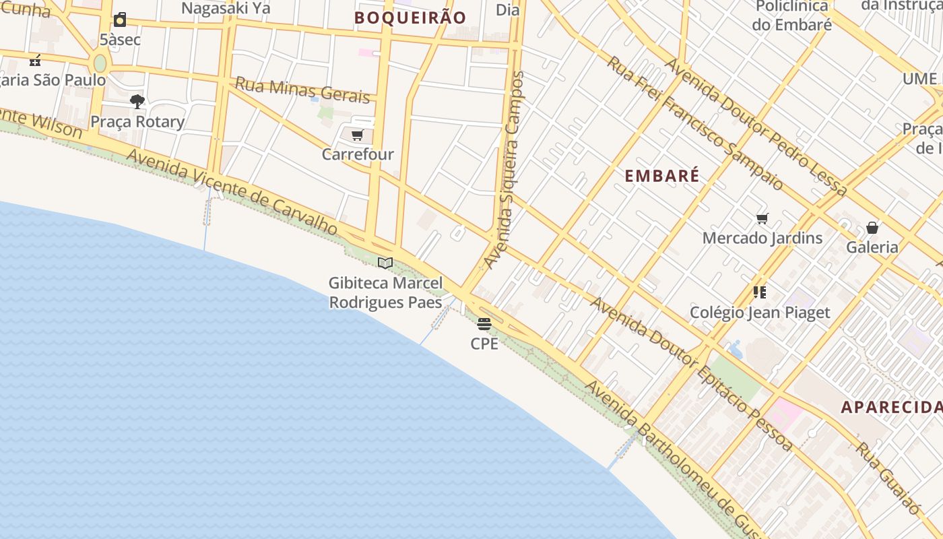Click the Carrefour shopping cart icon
[x=357, y=135]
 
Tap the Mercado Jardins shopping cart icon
[x=762, y=218]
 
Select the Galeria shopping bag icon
[x=872, y=228]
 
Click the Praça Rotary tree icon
[x=137, y=102]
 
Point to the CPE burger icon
[x=484, y=324]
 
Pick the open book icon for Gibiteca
[x=385, y=263]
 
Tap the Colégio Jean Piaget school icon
[x=760, y=292]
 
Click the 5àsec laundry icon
[x=120, y=20]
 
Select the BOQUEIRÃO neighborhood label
[x=410, y=18]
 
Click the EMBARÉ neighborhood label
[x=662, y=176]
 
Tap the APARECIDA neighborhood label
[x=891, y=407]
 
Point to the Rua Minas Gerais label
[x=302, y=90]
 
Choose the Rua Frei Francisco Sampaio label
[x=695, y=122]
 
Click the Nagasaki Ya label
[x=226, y=8]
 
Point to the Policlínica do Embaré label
[x=792, y=15]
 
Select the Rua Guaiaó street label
[x=888, y=478]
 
